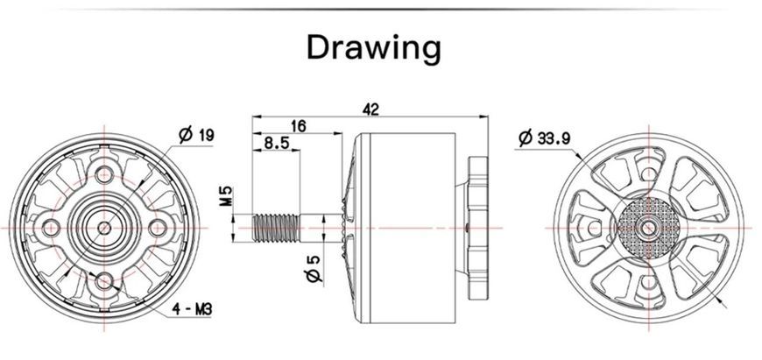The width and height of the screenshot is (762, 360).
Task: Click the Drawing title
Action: click(374, 47)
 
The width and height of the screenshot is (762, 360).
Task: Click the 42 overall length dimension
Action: click(370, 109)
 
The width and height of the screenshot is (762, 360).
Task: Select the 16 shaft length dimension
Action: click(299, 126)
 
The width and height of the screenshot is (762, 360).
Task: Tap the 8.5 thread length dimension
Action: click(277, 144)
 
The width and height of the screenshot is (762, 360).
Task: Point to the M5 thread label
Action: click(227, 196)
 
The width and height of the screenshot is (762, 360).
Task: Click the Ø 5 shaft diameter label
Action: click(314, 269)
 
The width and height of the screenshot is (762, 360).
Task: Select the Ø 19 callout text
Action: click(196, 135)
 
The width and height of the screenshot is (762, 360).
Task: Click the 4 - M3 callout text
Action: click(193, 309)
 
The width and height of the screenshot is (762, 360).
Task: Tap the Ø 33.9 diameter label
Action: click(544, 138)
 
